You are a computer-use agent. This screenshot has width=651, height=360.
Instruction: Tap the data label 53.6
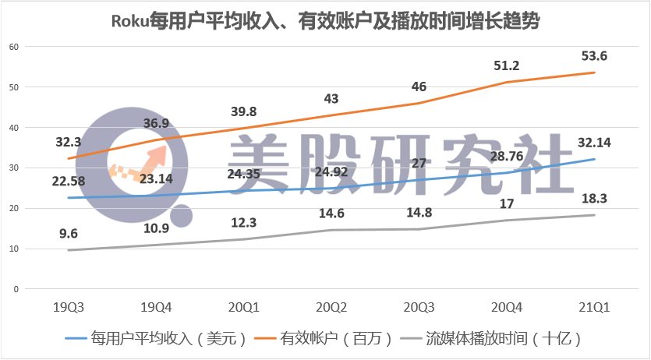tap(594, 56)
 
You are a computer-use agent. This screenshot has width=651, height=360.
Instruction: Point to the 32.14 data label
tap(594, 143)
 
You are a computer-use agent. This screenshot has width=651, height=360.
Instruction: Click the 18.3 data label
tap(594, 199)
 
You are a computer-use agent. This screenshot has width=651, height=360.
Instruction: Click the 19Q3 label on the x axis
tap(69, 307)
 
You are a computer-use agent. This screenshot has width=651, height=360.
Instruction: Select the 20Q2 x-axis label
tap(331, 307)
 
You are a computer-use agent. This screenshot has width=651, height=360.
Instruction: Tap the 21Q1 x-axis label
tap(594, 307)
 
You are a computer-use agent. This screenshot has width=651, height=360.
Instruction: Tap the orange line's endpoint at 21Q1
tap(594, 72)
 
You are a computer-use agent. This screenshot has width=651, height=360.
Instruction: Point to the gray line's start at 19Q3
tap(69, 250)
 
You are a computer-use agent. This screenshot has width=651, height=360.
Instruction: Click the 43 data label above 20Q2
tap(331, 99)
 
